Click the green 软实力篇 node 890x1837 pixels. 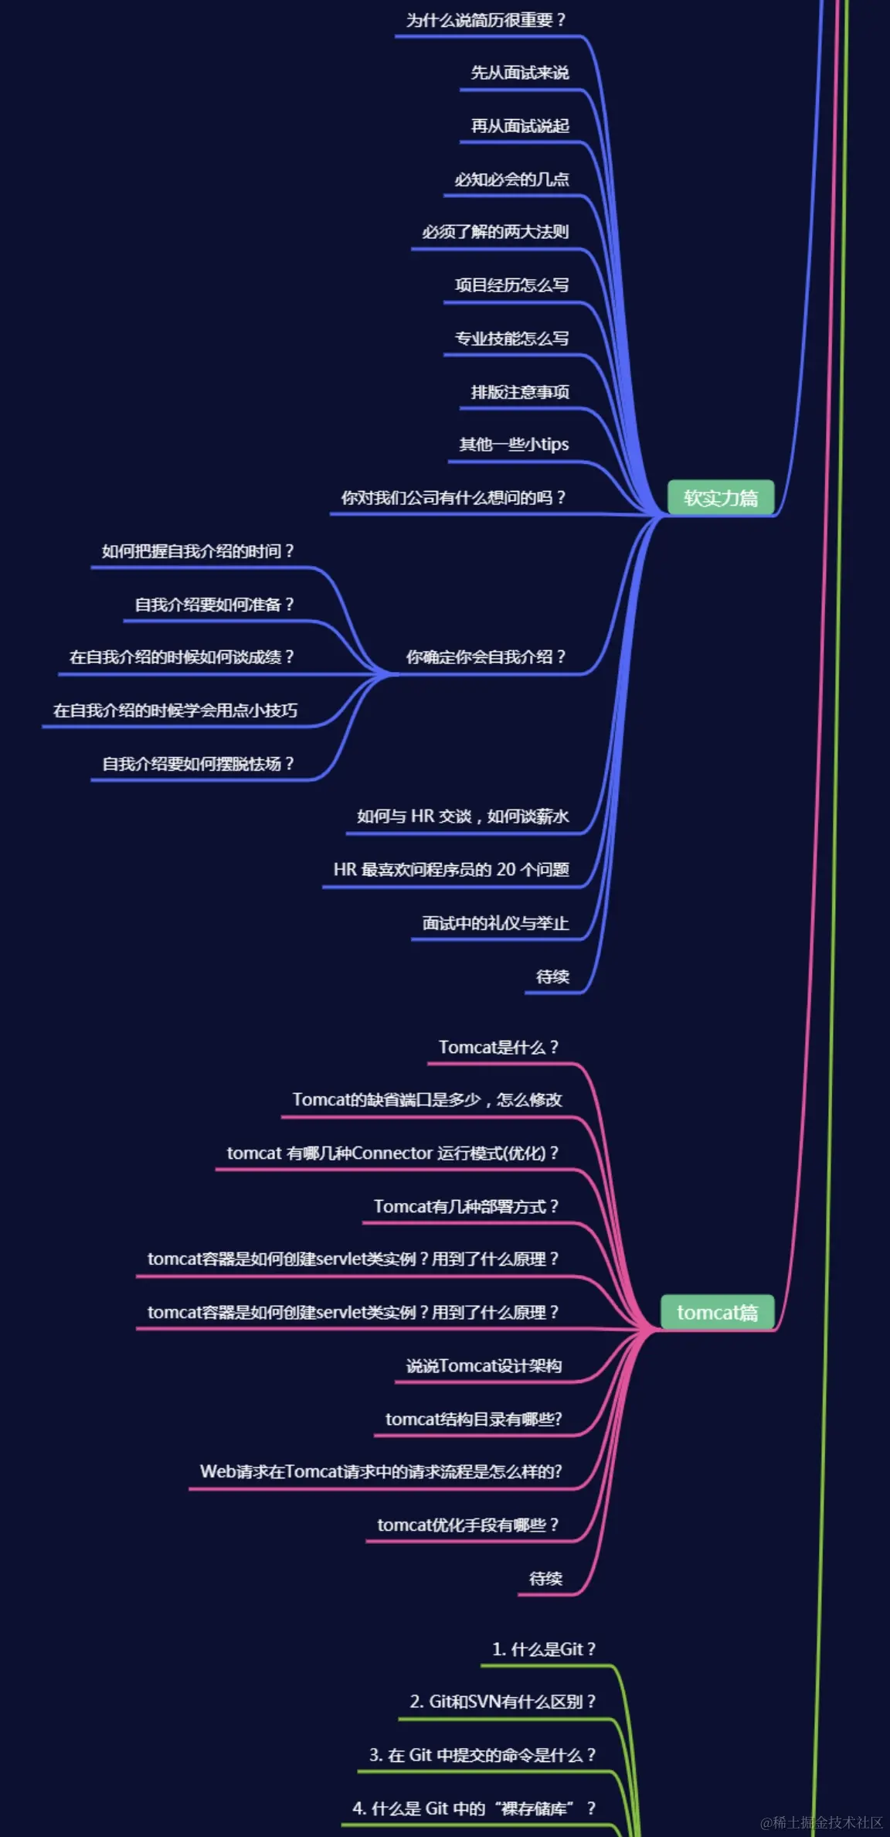720,498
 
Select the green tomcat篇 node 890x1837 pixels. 717,1312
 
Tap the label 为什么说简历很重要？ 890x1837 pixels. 486,20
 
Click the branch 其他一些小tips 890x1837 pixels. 514,444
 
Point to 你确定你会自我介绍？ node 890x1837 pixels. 486,657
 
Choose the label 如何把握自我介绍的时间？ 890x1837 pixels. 199,551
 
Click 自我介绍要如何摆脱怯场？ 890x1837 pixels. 199,764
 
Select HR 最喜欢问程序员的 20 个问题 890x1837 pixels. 451,870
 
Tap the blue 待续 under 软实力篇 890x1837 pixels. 552,976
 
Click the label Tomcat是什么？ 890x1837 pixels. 498,1047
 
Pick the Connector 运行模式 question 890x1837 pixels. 392,1153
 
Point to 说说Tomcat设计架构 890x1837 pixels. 484,1366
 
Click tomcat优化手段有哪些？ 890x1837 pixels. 467,1525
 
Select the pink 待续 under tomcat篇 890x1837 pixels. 545,1578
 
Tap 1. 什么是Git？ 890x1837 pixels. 544,1649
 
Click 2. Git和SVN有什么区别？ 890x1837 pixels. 503,1702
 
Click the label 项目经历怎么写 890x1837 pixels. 511,285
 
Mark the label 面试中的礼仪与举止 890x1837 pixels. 495,923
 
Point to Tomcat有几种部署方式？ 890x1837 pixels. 466,1206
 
